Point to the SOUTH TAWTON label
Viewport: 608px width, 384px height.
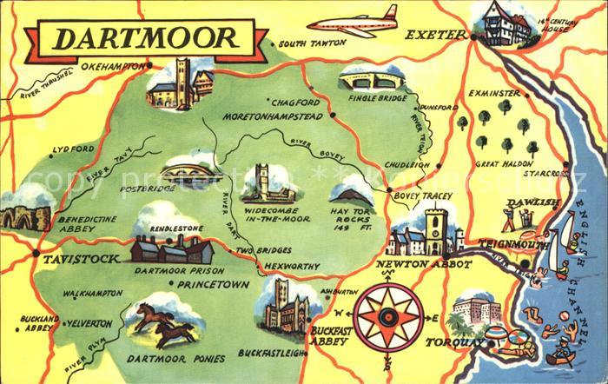(311, 43)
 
